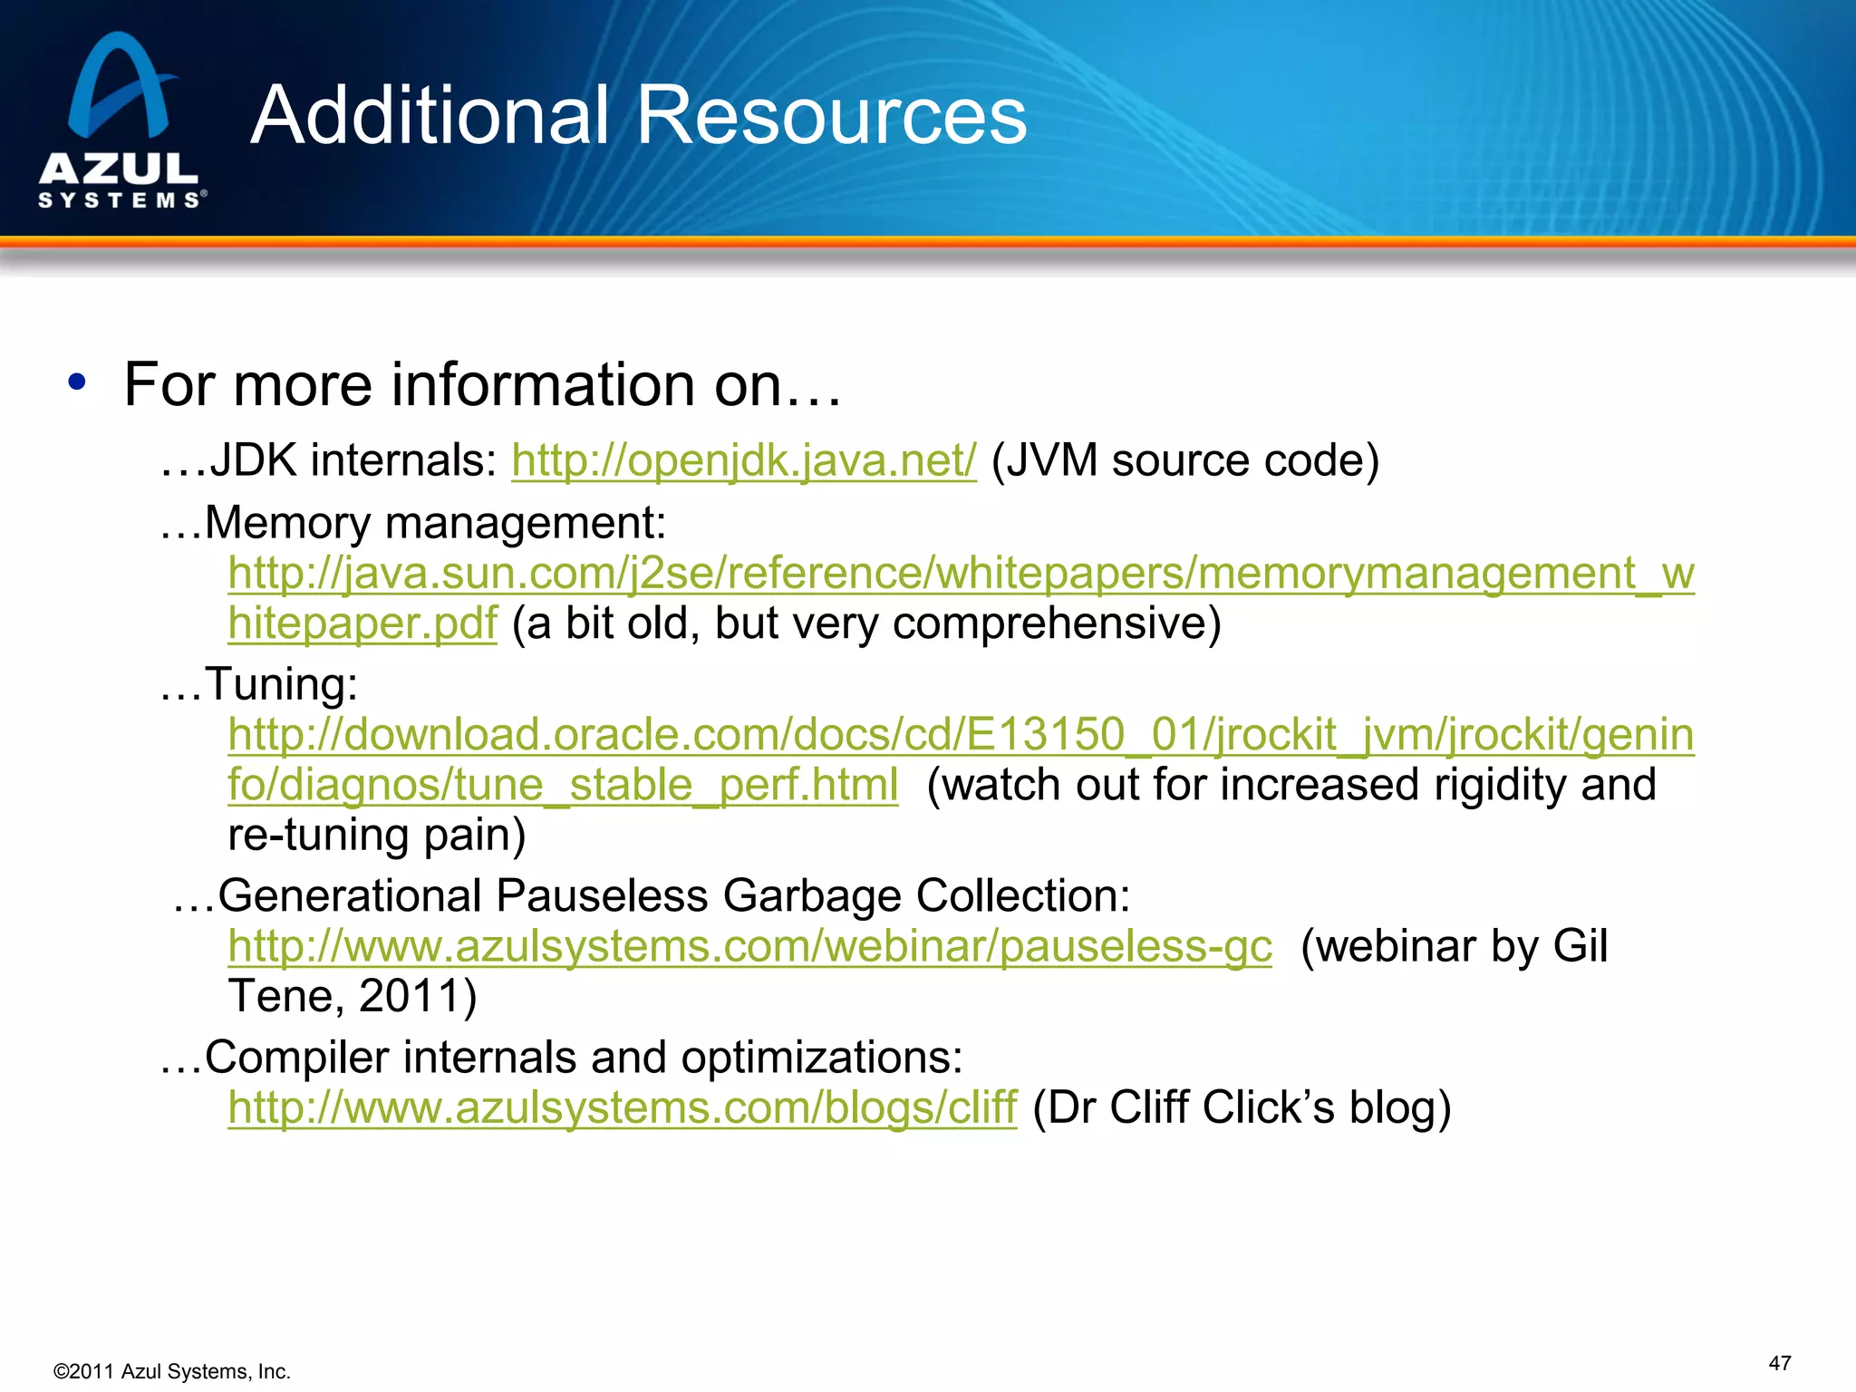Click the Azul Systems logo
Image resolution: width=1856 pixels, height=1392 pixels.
point(120,121)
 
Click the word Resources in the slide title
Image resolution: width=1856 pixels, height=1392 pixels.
point(831,115)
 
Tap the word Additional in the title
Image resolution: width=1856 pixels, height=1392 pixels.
point(430,115)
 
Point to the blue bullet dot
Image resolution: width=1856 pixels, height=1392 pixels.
point(77,382)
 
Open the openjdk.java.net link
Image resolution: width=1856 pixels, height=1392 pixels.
point(744,460)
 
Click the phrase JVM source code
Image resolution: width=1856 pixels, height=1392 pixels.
point(1185,460)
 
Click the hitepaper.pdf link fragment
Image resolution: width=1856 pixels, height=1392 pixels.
point(362,623)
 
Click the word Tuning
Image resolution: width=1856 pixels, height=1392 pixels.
point(281,684)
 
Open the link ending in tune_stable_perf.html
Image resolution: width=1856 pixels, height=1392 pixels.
point(563,785)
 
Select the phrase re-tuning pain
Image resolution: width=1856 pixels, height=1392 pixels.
point(376,835)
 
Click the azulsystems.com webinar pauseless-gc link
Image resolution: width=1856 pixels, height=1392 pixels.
point(749,946)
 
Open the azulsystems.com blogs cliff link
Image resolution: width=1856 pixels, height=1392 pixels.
point(623,1107)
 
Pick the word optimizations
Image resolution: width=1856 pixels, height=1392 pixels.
point(821,1058)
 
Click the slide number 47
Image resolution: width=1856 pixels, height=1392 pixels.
point(1779,1363)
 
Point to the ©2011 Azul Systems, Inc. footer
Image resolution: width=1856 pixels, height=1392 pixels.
point(172,1371)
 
